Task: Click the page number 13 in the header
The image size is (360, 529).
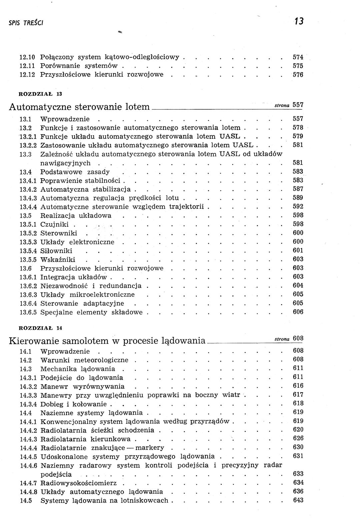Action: (x=299, y=21)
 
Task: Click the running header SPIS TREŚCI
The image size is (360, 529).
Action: (x=26, y=23)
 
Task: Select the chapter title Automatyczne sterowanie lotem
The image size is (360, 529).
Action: (x=79, y=107)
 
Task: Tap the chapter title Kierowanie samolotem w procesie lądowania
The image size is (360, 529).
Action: (x=107, y=341)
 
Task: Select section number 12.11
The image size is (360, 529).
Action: (x=28, y=66)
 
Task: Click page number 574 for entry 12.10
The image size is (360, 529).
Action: (x=298, y=57)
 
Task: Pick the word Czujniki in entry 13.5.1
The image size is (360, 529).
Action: (x=55, y=224)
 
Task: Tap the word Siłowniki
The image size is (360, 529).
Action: (x=56, y=251)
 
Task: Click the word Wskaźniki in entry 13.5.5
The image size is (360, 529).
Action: (x=58, y=260)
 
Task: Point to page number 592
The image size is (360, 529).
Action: (x=298, y=206)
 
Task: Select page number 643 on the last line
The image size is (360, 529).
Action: (x=298, y=500)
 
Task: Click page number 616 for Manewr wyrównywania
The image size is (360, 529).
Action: (x=298, y=386)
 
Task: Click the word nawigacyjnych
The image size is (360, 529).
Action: (x=65, y=163)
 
